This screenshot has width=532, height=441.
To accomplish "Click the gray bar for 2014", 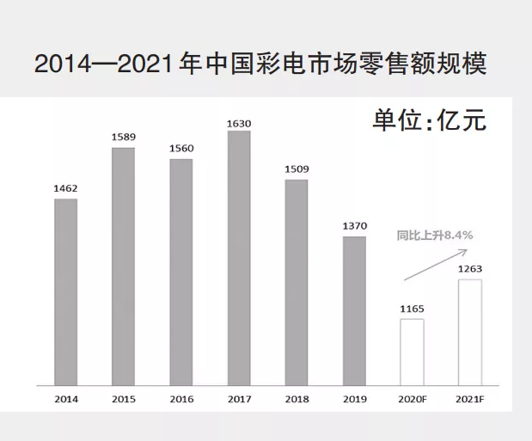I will tap(65, 292).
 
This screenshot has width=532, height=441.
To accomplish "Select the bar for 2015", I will tap(123, 266).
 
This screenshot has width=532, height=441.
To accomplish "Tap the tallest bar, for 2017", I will tap(239, 258).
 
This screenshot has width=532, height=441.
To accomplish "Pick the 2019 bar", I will tap(354, 310).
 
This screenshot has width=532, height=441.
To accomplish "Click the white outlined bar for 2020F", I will tap(412, 352).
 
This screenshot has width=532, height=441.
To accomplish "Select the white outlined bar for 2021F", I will tap(469, 332).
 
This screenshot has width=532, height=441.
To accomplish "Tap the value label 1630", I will tap(239, 123).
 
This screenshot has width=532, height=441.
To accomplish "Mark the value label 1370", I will tap(354, 225).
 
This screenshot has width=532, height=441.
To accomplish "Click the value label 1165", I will tap(412, 308).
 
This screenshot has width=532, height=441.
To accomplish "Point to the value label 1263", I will tap(469, 268).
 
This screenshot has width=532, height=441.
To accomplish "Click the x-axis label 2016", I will tap(181, 399).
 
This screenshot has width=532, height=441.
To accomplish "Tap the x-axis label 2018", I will tap(297, 399).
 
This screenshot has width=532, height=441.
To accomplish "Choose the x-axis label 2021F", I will tap(469, 399).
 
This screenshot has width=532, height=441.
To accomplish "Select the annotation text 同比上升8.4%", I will tap(435, 234).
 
